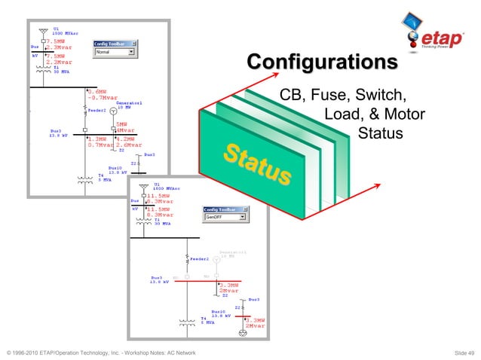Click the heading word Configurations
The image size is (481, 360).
(323, 61)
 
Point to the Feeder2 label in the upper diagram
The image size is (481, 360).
(97, 110)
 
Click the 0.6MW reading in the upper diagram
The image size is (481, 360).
(97, 91)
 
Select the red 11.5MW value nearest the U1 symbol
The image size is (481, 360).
(160, 195)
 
